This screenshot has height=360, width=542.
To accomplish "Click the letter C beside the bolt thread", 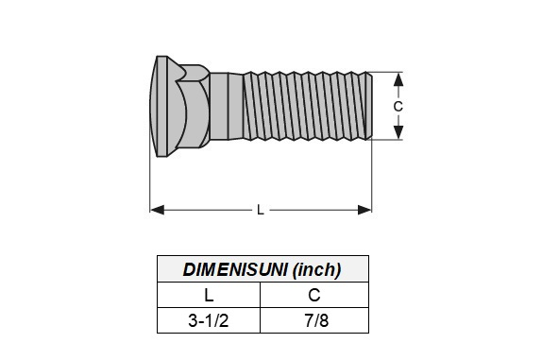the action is pyautogui.click(x=398, y=106).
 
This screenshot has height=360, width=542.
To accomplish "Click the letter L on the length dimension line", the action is pyautogui.click(x=261, y=210).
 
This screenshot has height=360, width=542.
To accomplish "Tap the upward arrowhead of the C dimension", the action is pyautogui.click(x=398, y=79).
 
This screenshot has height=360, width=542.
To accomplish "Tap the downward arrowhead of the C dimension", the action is pyautogui.click(x=398, y=132).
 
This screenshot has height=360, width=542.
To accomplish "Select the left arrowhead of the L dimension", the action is pyautogui.click(x=158, y=210).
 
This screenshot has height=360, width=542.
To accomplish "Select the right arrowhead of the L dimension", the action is pyautogui.click(x=364, y=210).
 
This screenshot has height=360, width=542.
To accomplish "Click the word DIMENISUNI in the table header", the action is pyautogui.click(x=235, y=269).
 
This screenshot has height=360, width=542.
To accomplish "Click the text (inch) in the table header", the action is pyautogui.click(x=316, y=270).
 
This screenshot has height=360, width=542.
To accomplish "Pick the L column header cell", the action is pyautogui.click(x=209, y=295).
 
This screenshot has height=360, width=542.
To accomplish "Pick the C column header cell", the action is pyautogui.click(x=314, y=295).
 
